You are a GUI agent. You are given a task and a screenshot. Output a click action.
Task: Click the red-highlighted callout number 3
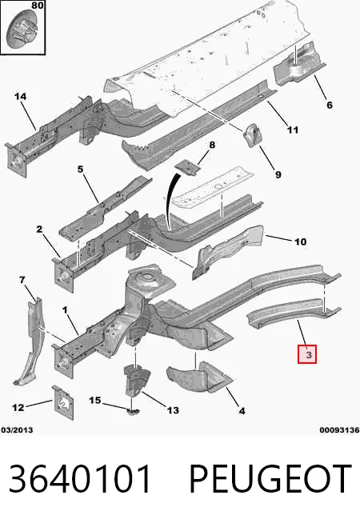pos(307,354)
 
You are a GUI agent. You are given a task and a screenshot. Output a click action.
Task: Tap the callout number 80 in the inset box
pos(38,6)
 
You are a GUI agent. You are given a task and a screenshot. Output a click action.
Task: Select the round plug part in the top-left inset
pos(22,29)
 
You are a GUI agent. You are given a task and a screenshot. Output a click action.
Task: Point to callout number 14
pos(20,97)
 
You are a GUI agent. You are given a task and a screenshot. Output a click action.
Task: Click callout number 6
pos(330,105)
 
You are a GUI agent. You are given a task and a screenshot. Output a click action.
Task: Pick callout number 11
pos(293,130)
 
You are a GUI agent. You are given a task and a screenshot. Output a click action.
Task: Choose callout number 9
pos(278,174)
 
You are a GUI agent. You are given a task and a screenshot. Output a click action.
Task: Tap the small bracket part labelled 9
pos(253,135)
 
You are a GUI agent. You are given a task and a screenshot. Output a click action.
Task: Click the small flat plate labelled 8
pos(187,166)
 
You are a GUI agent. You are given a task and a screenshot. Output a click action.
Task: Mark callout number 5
pos(80,169)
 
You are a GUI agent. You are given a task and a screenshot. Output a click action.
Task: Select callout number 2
pos(39,230)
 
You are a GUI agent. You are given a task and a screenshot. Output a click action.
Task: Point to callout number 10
pos(300,242)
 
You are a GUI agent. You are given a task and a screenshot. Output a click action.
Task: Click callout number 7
pos(22,280)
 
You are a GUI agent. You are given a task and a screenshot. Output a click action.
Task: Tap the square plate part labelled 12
pos(63,402)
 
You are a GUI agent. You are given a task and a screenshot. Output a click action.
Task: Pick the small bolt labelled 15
pos(133,412)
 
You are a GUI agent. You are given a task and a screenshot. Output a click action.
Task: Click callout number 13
pos(173,410)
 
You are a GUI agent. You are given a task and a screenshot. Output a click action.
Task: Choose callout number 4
pos(242,411)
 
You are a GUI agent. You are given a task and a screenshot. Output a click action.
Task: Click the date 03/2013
pos(18,430)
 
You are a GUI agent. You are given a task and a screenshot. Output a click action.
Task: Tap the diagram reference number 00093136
pos(339,430)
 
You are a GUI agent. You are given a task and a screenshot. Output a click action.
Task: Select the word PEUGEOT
pos(270,479)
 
